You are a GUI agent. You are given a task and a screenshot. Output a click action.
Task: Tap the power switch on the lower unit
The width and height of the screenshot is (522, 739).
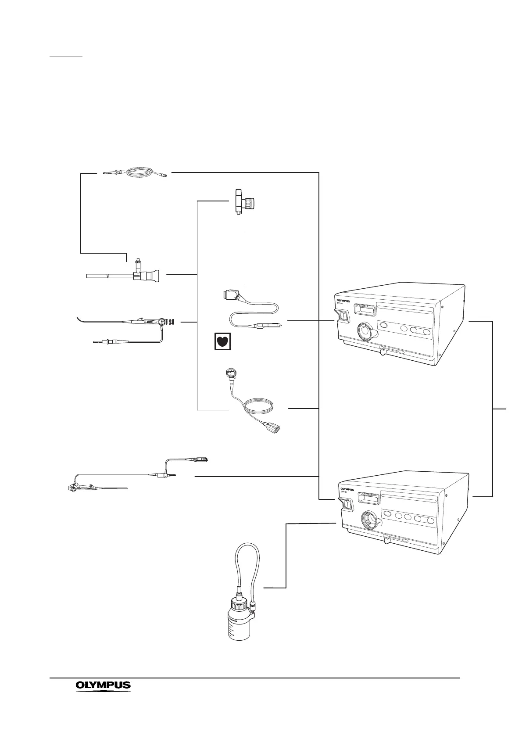[x=347, y=505]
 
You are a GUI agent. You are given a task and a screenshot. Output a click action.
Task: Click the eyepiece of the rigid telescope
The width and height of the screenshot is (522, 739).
[x=154, y=276]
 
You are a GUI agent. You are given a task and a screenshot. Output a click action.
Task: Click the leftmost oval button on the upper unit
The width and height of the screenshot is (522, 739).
[x=384, y=326]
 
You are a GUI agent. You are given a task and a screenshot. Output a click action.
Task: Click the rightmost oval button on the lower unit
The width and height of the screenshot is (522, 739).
[x=430, y=520]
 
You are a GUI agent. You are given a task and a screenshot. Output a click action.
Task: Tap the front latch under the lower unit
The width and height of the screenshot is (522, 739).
[x=386, y=541]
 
